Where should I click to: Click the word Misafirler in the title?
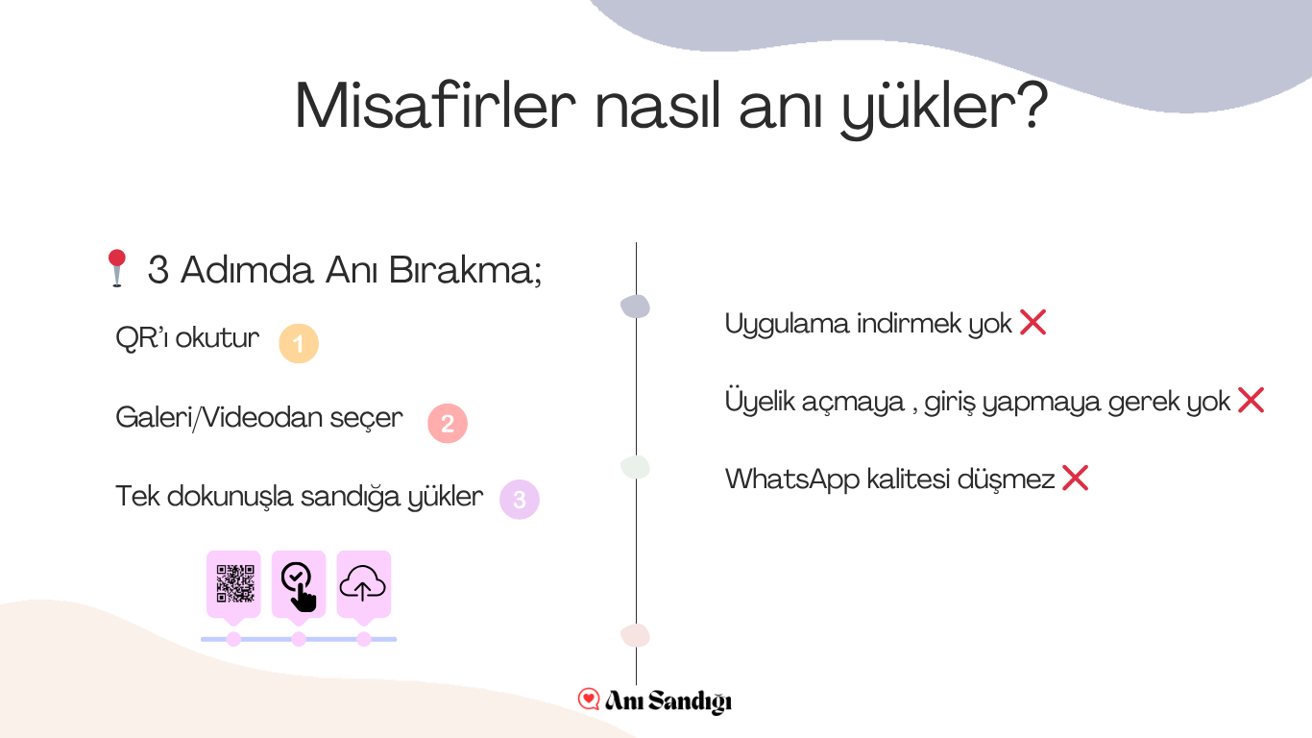[x=435, y=106]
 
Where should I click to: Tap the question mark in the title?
[x=1032, y=104]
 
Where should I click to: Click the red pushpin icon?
[x=117, y=268]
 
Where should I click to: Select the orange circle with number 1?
[x=299, y=343]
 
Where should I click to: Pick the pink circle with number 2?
[x=448, y=423]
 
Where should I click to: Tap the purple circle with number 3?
[x=520, y=500]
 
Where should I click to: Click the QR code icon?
[x=235, y=584]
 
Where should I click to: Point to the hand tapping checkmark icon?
[x=299, y=587]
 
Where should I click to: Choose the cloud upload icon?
[x=362, y=583]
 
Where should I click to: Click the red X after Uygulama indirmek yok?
[x=1033, y=323]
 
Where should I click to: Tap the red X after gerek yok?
[x=1251, y=401]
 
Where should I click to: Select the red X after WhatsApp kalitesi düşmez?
[x=1076, y=478]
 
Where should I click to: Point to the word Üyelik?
[x=759, y=401]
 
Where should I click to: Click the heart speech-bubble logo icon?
[x=589, y=699]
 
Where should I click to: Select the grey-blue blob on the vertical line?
[x=636, y=307]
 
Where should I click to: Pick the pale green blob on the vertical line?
[x=636, y=467]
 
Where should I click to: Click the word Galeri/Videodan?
[x=218, y=418]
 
